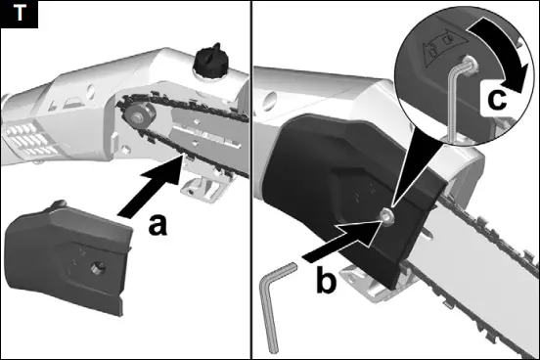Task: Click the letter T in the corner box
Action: tap(20, 14)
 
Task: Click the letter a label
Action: tap(157, 225)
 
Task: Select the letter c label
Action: tap(497, 99)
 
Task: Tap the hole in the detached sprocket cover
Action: tap(98, 268)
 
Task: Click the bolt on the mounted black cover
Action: tap(386, 217)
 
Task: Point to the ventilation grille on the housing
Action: tap(30, 141)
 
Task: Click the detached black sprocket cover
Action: tap(67, 257)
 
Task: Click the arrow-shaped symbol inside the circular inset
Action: tap(444, 47)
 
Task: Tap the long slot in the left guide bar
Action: tap(206, 134)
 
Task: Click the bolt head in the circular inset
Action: tap(471, 64)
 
